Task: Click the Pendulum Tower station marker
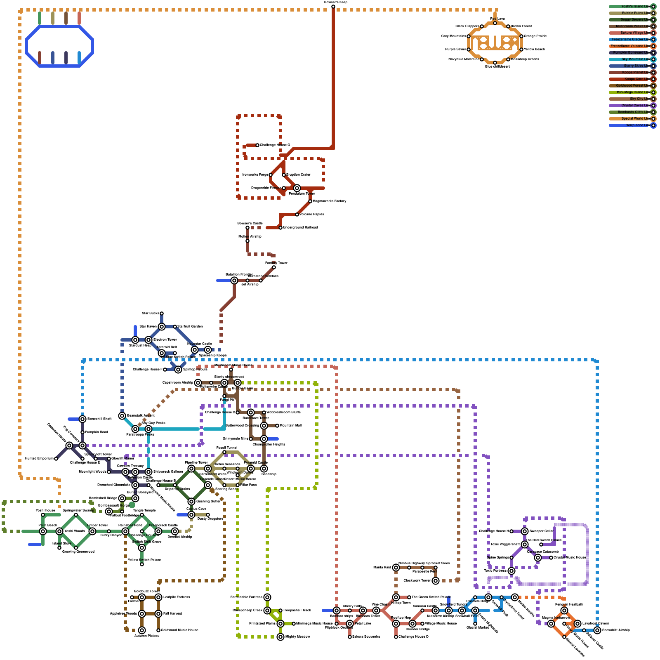click(x=297, y=188)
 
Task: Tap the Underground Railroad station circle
click(x=280, y=228)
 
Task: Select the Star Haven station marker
click(x=162, y=327)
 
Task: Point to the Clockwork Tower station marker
click(x=436, y=581)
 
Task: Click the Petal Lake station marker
click(x=350, y=624)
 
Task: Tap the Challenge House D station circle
click(x=396, y=637)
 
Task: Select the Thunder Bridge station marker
click(x=412, y=624)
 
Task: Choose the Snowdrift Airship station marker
click(x=597, y=630)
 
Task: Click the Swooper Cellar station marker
click(x=525, y=531)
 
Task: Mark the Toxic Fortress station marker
click(x=511, y=571)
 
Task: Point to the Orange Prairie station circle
click(x=521, y=36)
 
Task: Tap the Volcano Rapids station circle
click(x=297, y=214)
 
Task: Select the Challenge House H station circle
click(x=511, y=531)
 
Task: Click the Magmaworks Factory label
click(x=330, y=201)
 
